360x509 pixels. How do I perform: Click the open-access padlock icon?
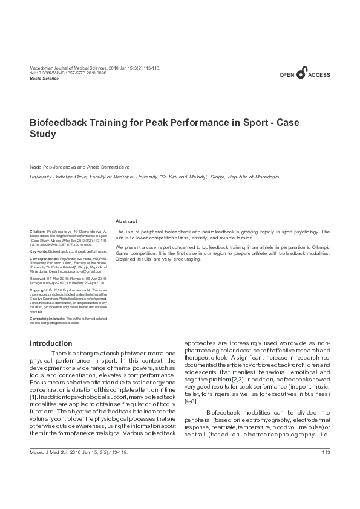pyautogui.click(x=302, y=71)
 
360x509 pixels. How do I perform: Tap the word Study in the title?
pyautogui.click(x=43, y=134)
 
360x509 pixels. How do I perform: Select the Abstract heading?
pyautogui.click(x=126, y=222)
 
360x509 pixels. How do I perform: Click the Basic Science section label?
pyautogui.click(x=44, y=79)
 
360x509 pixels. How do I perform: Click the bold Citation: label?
pyautogui.click(x=38, y=232)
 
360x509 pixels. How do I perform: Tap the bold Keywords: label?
pyautogui.click(x=39, y=250)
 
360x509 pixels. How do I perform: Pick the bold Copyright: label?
pyautogui.click(x=40, y=290)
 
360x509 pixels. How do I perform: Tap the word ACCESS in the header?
pyautogui.click(x=319, y=75)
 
